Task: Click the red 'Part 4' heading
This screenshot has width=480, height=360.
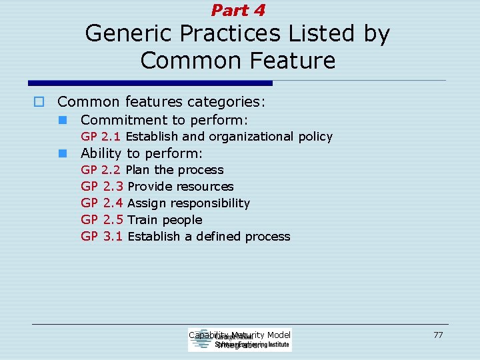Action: [239, 10]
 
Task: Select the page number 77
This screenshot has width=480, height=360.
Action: [438, 335]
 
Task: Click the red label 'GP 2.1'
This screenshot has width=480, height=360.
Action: [101, 137]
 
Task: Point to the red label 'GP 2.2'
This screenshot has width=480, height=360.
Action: [101, 170]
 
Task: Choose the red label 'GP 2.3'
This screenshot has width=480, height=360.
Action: [102, 187]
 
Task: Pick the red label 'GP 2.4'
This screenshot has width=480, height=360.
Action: [102, 203]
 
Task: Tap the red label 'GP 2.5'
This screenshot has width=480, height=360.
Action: [102, 220]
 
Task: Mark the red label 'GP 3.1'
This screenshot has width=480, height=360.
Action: [102, 237]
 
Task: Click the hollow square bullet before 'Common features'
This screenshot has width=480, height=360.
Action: [39, 102]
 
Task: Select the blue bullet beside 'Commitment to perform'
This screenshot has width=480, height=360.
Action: [62, 121]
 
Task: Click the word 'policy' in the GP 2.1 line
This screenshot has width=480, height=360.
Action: [315, 137]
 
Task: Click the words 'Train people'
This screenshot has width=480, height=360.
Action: [165, 220]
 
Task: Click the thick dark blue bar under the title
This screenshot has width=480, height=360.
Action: [150, 83]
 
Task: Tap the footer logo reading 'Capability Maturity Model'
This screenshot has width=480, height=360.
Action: [240, 340]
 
